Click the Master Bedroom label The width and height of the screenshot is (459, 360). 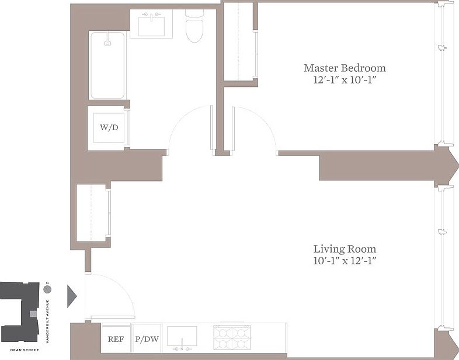(345, 68)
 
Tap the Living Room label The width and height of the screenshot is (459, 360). (345, 249)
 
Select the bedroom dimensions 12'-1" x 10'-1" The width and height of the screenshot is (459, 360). (345, 79)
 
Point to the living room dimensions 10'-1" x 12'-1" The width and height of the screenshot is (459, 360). (345, 260)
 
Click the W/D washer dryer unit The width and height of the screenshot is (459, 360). (109, 128)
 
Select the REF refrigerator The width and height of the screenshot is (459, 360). (116, 339)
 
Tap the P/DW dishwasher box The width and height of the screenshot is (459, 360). (147, 339)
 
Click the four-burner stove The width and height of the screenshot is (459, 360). (232, 337)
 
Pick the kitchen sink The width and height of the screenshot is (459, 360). (182, 337)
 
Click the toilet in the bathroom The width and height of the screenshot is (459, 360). (194, 26)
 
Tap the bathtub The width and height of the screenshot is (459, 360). (107, 65)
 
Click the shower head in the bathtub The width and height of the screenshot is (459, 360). (107, 43)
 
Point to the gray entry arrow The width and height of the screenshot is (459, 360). (72, 296)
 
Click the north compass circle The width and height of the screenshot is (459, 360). (47, 289)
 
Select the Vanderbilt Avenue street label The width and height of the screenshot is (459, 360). (47, 321)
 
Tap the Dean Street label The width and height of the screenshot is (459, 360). (25, 349)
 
